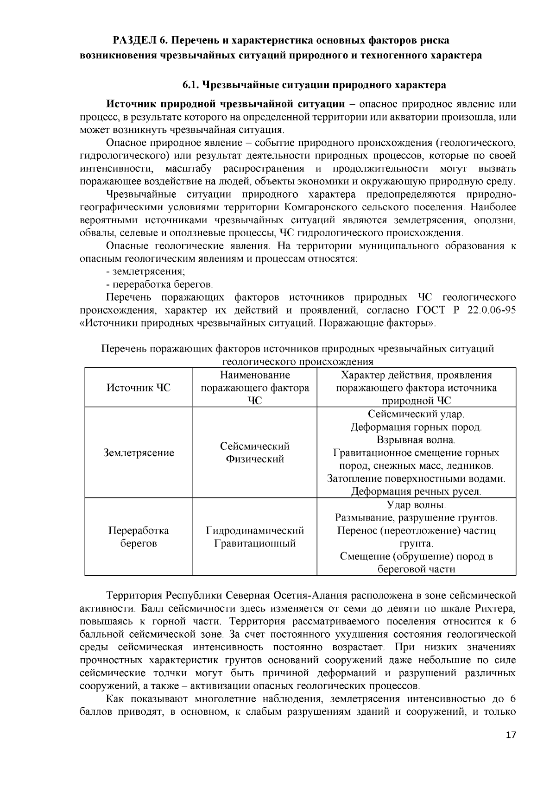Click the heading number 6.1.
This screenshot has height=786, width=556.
pos(190,85)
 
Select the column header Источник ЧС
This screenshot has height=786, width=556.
pos(139,388)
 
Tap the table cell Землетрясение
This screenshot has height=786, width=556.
pos(139,453)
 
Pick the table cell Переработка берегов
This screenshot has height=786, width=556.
pos(139,537)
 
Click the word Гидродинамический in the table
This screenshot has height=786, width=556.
pos(255,530)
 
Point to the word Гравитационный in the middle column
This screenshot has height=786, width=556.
pos(255,543)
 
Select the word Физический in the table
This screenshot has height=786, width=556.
pos(255,459)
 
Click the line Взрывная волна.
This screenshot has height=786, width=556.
pos(416,440)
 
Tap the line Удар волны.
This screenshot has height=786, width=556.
pos(416,504)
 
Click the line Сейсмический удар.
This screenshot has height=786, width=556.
pos(416,414)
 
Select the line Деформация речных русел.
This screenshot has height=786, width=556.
pos(416,491)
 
